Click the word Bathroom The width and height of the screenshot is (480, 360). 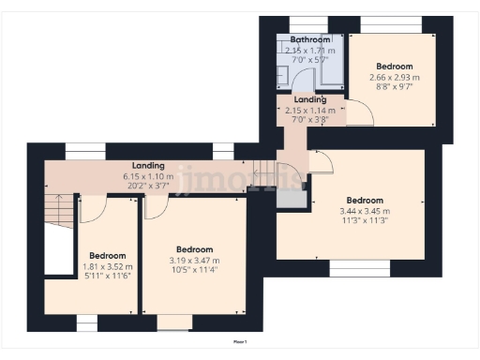308,39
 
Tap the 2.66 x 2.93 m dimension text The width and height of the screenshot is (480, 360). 394,76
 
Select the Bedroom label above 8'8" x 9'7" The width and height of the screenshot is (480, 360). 394,66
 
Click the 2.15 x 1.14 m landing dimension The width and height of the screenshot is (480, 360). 309,109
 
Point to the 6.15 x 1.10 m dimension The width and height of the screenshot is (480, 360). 149,175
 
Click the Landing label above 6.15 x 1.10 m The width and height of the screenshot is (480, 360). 149,165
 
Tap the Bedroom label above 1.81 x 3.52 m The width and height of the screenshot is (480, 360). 108,256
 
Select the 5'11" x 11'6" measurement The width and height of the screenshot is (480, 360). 108,276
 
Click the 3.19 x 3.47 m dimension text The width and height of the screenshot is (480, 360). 195,261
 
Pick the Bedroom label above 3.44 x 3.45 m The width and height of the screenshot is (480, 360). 364,201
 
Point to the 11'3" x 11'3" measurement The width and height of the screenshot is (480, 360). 364,221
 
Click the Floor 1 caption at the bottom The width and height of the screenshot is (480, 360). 239,342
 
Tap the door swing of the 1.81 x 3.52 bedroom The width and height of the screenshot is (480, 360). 92,209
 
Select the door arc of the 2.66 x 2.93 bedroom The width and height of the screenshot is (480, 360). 362,114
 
